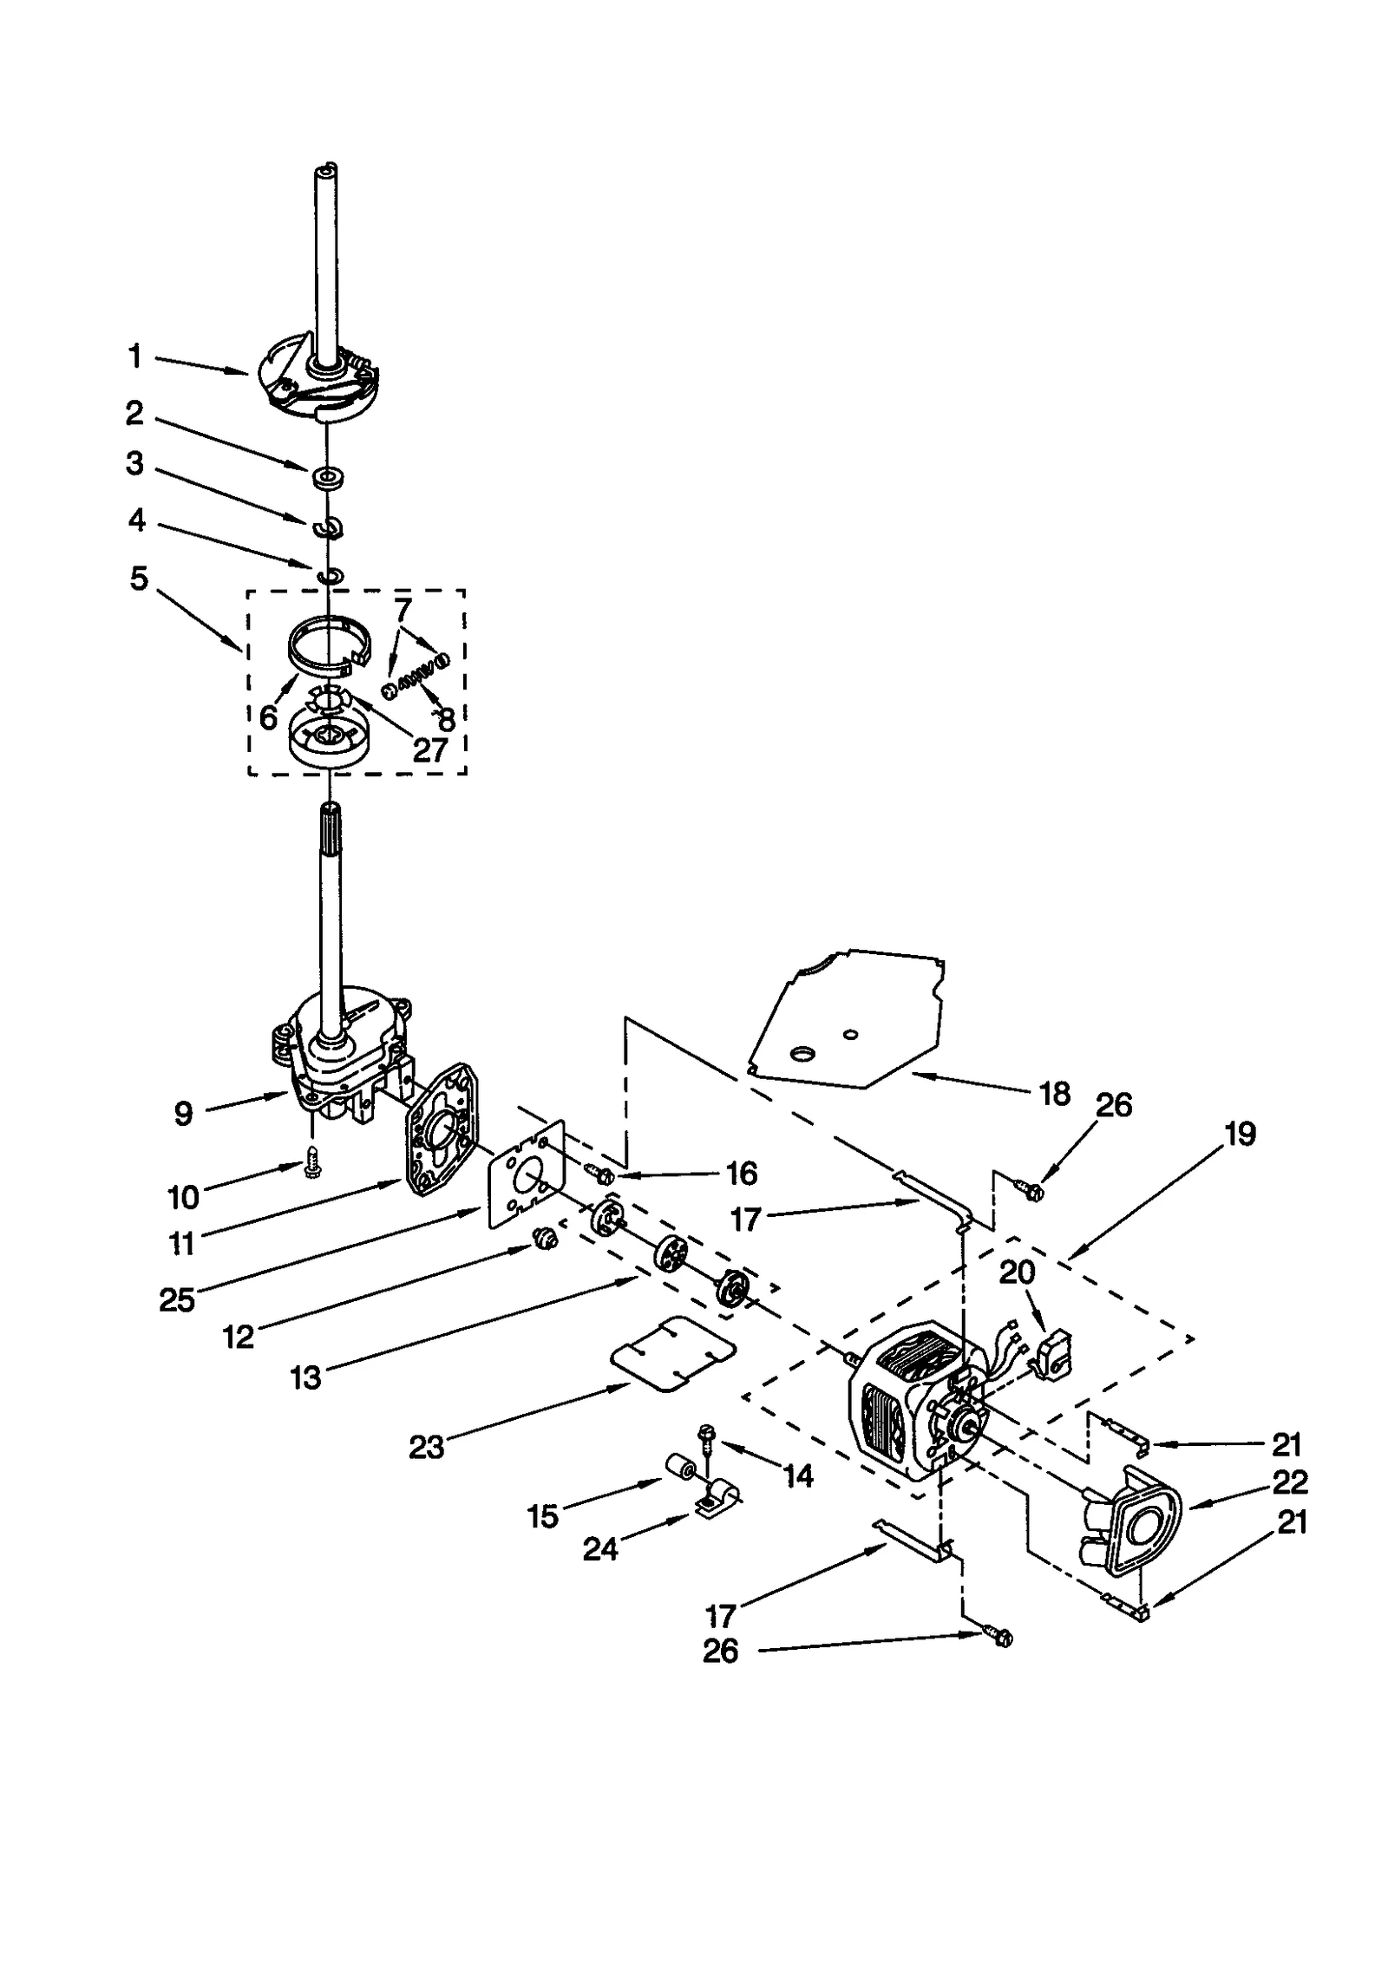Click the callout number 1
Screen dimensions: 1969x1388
[x=134, y=357]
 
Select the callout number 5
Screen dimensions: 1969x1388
[x=139, y=579]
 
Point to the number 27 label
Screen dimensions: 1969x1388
[x=429, y=749]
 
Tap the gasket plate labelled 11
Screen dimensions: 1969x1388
[x=441, y=1135]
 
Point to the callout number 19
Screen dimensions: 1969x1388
[x=1241, y=1134]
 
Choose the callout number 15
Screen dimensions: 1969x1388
[x=543, y=1516]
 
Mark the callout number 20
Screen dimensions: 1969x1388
[x=1017, y=1272]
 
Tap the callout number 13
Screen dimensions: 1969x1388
[x=305, y=1377]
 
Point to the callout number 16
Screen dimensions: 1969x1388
[x=741, y=1174]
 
